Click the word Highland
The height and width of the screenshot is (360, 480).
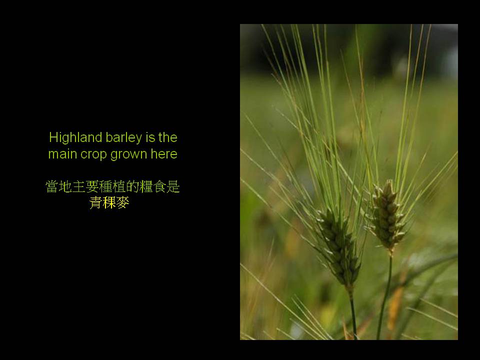[x=75, y=137]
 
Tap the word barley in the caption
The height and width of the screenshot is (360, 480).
[x=124, y=138]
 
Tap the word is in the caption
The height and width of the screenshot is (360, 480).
[x=150, y=137]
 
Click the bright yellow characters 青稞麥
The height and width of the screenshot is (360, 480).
[x=109, y=202]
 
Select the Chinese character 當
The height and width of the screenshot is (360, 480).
[x=52, y=186]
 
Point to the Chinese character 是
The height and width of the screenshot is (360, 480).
[x=173, y=186]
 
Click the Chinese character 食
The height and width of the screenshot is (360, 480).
[x=159, y=186]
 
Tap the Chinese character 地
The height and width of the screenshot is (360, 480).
[x=65, y=186]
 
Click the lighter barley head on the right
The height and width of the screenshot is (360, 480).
[x=388, y=214]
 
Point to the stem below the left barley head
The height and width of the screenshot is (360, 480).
[x=352, y=312]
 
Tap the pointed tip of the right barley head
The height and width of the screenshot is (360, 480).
[x=389, y=180]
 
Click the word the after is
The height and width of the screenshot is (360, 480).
[x=168, y=137]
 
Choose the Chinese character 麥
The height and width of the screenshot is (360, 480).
[x=123, y=202]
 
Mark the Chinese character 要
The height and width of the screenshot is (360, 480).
[x=92, y=186]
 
